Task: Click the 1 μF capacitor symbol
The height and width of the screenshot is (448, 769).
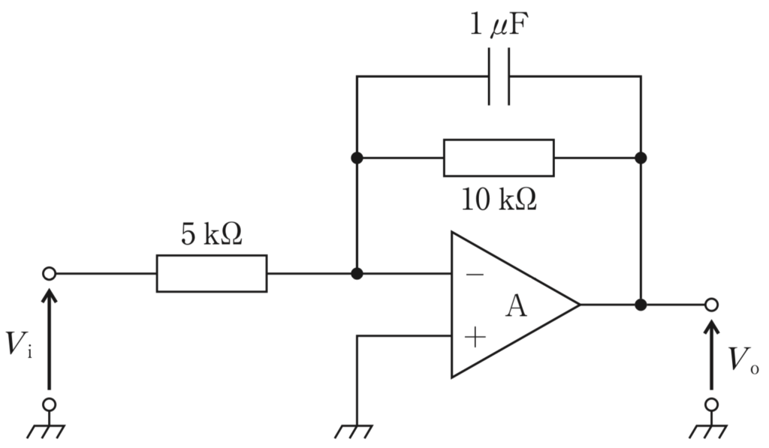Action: (499, 77)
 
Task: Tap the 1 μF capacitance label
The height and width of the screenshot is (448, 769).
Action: (499, 24)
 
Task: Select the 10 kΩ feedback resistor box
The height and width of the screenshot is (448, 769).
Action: (499, 158)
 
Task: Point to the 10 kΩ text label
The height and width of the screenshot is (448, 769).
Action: (499, 199)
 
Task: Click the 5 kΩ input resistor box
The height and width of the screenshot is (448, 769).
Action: (212, 273)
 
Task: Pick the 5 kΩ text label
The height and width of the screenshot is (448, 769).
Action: (212, 234)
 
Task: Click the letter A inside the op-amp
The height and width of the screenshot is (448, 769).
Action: (517, 306)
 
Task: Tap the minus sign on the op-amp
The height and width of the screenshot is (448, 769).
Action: (475, 275)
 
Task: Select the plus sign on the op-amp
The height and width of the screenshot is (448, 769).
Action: (475, 337)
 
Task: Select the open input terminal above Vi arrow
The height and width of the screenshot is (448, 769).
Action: (49, 273)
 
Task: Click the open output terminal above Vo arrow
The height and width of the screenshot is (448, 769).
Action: (712, 305)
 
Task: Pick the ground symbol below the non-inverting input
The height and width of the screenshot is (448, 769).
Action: (354, 431)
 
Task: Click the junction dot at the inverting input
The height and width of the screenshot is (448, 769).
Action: (357, 273)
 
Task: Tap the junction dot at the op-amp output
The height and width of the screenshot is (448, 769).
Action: (641, 305)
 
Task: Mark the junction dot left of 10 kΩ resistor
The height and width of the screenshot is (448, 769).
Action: (357, 158)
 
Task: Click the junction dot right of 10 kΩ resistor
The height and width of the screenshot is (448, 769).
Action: (641, 158)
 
